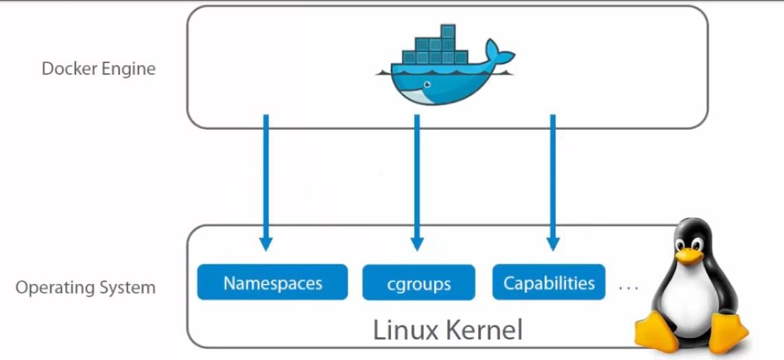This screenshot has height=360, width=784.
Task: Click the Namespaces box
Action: coord(273,283)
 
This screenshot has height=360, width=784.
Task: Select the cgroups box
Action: coord(418,283)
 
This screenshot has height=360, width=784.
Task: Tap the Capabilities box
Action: coord(549,283)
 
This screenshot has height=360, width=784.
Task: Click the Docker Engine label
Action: coord(99,69)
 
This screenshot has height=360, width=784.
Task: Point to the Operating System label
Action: coord(86,287)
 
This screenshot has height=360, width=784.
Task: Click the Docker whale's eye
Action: coord(427,85)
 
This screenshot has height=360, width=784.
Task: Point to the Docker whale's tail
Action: coord(499,53)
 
